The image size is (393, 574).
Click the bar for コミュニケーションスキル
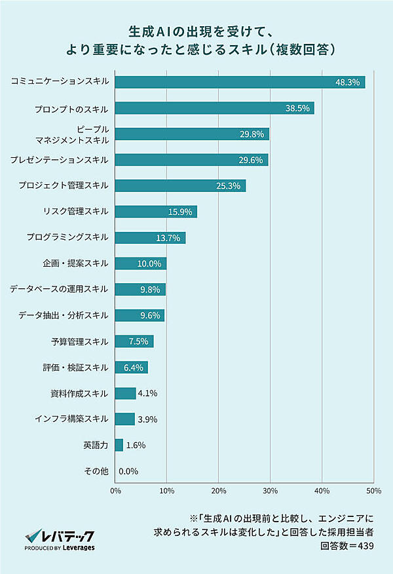coord(240,83)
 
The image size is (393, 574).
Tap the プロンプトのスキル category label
coord(71,108)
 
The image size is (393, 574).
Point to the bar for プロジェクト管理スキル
coord(180,185)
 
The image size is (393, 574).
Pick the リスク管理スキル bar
coord(156,211)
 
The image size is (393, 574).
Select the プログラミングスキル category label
coord(67,237)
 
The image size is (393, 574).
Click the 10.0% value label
coord(149,263)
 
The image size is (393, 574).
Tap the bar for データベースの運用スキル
coord(140,289)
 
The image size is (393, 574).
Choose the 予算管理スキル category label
coord(79,341)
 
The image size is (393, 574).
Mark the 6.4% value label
coord(133,367)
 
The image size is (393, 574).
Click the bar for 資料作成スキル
coord(125,393)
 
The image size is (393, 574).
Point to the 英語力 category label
coord(96,444)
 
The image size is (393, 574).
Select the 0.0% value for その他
coord(128,470)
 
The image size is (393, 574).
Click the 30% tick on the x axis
coord(270,490)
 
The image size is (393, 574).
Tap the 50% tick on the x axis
coord(373,490)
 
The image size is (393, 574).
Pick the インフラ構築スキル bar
coord(124,419)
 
